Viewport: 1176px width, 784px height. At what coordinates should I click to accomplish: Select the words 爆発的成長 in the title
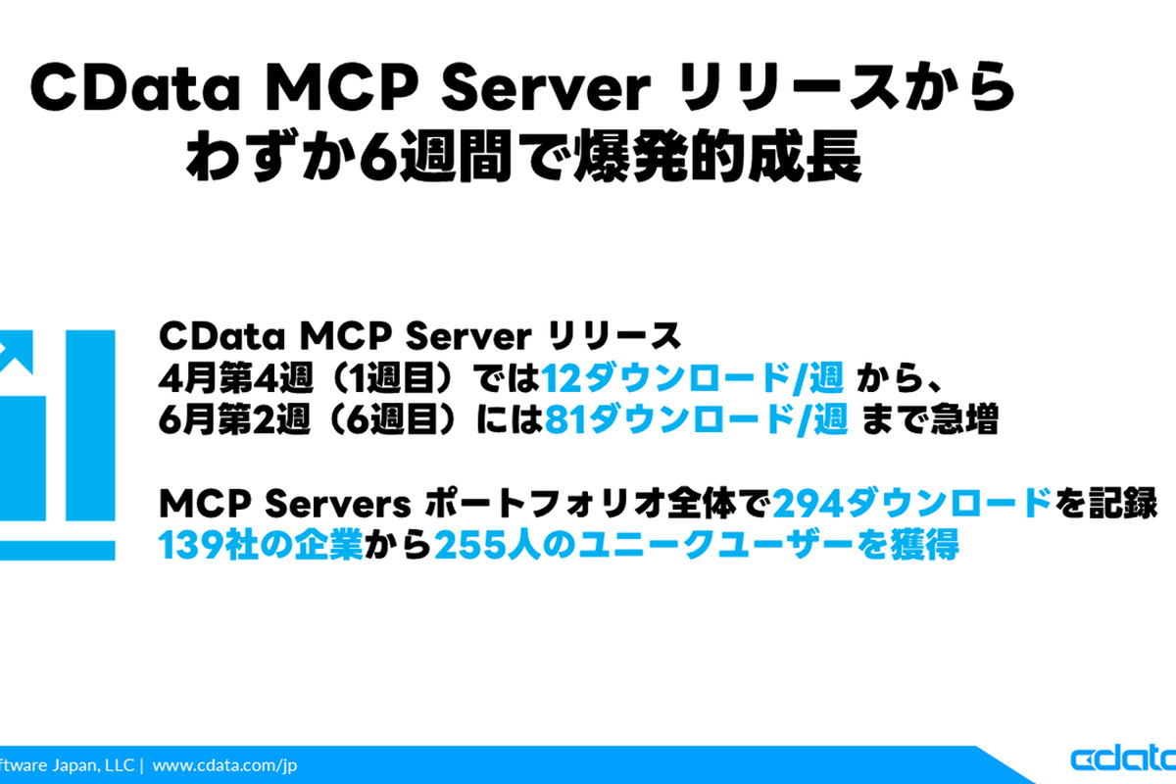coord(717,156)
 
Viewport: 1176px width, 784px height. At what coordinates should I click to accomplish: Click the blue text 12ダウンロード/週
coord(693,378)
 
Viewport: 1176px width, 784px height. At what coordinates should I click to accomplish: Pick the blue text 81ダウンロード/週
coord(696,419)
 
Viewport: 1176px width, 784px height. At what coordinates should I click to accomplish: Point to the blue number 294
coord(809,503)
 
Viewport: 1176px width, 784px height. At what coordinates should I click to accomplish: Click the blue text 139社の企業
coord(261,545)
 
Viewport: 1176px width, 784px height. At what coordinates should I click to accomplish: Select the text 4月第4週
coord(236,378)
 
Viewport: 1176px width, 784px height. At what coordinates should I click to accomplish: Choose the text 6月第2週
coord(234,419)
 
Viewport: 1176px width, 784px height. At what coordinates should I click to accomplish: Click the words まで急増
coord(929,419)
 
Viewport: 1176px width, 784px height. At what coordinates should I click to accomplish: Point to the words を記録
coord(1106,503)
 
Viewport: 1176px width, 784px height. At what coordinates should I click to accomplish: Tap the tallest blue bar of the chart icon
coord(90,424)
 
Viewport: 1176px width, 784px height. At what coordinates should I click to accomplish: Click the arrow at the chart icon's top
coord(16,353)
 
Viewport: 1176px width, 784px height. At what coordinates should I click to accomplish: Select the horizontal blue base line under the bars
coord(57,551)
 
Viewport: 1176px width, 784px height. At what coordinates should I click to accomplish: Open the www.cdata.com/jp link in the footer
coord(224,765)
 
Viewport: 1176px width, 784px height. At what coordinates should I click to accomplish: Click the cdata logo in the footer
coord(1123,759)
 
